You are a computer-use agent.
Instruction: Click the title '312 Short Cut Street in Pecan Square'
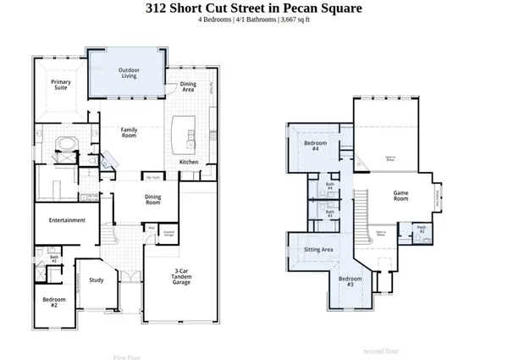pos(253,8)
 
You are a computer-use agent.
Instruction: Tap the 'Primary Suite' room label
pos(59,84)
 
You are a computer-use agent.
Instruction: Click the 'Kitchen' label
pos(190,161)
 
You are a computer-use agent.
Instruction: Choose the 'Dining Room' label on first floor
pos(153,200)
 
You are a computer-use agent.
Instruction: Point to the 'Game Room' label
pos(401,193)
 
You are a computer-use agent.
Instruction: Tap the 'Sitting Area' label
pos(313,251)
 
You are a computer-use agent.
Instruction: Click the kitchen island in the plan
pos(180,132)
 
